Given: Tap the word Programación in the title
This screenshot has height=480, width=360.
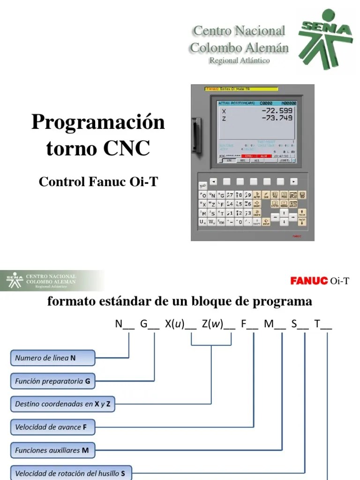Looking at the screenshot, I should click(x=98, y=123).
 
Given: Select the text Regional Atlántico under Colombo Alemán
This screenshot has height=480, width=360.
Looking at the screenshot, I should click(x=239, y=61).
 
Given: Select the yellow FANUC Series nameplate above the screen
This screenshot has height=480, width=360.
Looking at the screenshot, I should click(x=241, y=89).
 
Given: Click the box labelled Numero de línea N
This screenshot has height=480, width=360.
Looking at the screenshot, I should click(x=52, y=358).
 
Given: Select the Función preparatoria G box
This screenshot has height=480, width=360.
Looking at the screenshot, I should click(x=52, y=382).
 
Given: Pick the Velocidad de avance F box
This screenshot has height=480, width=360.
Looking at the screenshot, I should click(x=52, y=427).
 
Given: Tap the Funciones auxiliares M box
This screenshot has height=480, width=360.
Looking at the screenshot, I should click(x=52, y=450).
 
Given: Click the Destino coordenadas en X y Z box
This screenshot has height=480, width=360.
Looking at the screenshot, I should click(x=61, y=404).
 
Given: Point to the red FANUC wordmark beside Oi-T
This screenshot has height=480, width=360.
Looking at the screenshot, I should click(x=309, y=281).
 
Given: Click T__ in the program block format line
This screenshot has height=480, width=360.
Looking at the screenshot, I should click(x=323, y=324).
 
